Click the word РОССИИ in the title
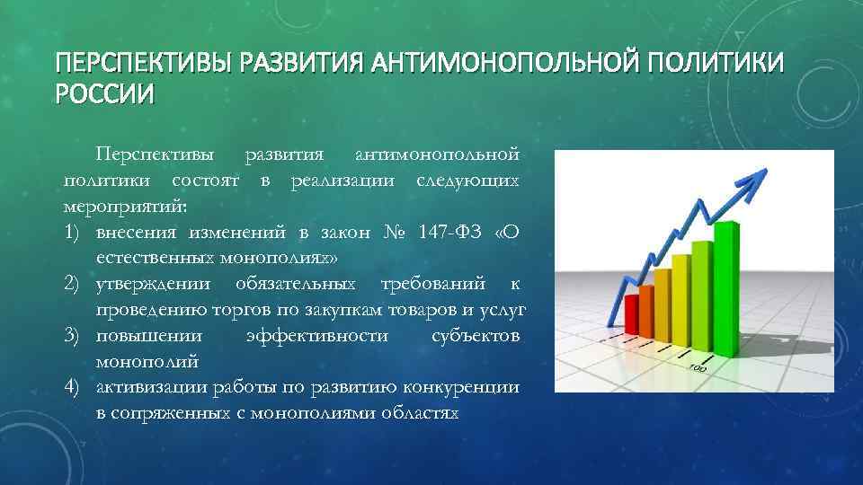tap(104, 93)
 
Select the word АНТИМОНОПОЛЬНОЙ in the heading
tap(510, 65)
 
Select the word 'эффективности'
tap(317, 336)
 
